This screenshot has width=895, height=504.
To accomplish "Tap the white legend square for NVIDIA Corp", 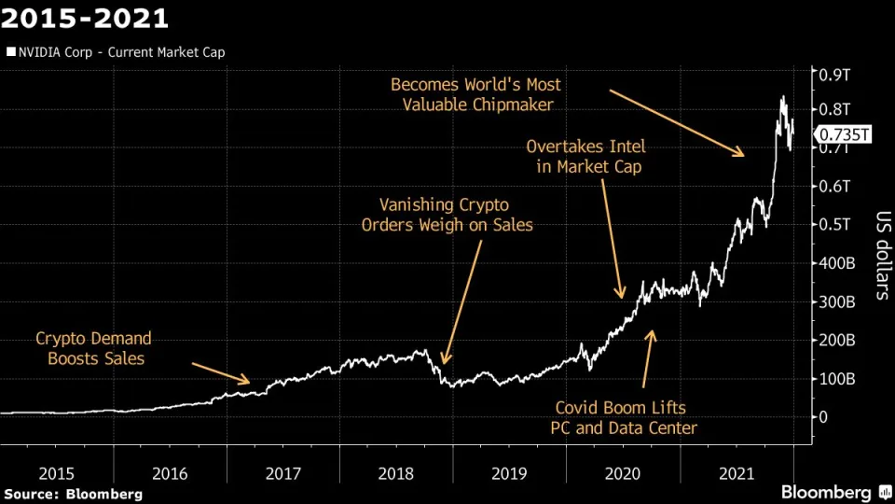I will [10, 52].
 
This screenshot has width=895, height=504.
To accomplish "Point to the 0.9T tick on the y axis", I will [834, 74].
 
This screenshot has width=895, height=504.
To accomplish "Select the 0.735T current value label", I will [844, 135].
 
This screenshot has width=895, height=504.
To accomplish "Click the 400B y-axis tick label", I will [838, 263].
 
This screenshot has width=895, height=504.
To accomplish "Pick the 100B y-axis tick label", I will [838, 378].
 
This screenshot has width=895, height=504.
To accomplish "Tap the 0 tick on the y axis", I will [823, 416].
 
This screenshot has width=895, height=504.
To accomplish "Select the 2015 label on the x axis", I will [56, 473].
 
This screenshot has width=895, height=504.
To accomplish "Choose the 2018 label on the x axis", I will [395, 473].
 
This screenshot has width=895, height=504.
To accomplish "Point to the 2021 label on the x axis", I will [736, 473].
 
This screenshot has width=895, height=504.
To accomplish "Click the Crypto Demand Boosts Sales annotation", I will [93, 347].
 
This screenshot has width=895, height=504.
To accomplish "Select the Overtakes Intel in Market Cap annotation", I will [585, 157].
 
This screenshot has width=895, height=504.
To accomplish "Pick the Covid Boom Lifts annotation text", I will [626, 418].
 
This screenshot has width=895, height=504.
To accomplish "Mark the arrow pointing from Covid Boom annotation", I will [648, 359].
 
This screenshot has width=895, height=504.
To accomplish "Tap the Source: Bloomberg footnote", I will [74, 493].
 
